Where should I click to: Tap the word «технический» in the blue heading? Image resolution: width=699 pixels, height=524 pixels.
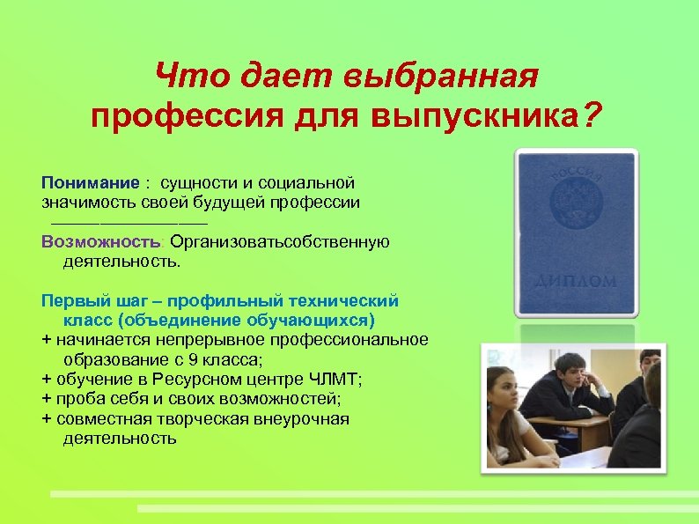pos(348,301)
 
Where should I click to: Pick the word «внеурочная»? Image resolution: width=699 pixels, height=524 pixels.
pos(305,417)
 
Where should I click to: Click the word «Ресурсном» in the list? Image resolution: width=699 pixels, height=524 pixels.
pos(197,379)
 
